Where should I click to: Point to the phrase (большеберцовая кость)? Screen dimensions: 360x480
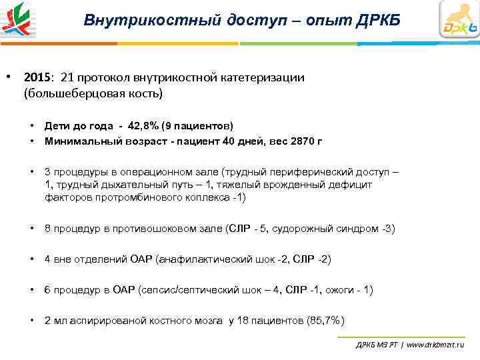coord(93,93)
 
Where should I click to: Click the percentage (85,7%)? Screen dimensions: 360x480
coord(326,321)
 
